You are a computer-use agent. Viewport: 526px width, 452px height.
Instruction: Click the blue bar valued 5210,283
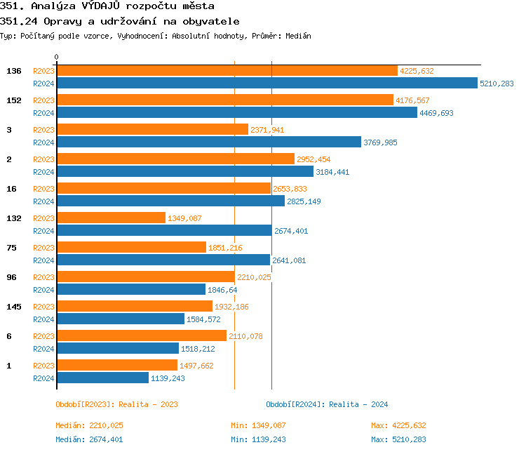point(267,84)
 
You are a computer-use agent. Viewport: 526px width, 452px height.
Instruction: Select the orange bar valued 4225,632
point(227,71)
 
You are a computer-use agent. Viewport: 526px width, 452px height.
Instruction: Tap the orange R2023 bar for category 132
point(111,218)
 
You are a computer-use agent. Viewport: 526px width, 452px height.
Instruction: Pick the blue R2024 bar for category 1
point(102,378)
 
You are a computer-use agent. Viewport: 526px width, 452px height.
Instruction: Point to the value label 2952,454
point(313,159)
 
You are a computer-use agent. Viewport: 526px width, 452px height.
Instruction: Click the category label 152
point(14,100)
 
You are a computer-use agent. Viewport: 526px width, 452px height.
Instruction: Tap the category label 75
point(11,248)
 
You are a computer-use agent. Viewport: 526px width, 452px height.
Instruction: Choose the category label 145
point(14,307)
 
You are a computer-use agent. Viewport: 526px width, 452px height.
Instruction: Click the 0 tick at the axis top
point(57,57)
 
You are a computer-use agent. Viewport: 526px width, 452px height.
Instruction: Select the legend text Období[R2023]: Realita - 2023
point(116,404)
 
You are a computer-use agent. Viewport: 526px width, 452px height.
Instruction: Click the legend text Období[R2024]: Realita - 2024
point(327,404)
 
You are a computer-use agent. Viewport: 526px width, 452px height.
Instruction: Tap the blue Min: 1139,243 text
point(258,439)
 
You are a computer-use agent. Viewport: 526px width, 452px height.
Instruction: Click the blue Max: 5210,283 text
point(398,439)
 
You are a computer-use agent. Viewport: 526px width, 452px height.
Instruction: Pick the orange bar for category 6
point(142,336)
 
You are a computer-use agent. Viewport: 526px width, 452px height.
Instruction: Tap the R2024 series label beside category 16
point(43,201)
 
